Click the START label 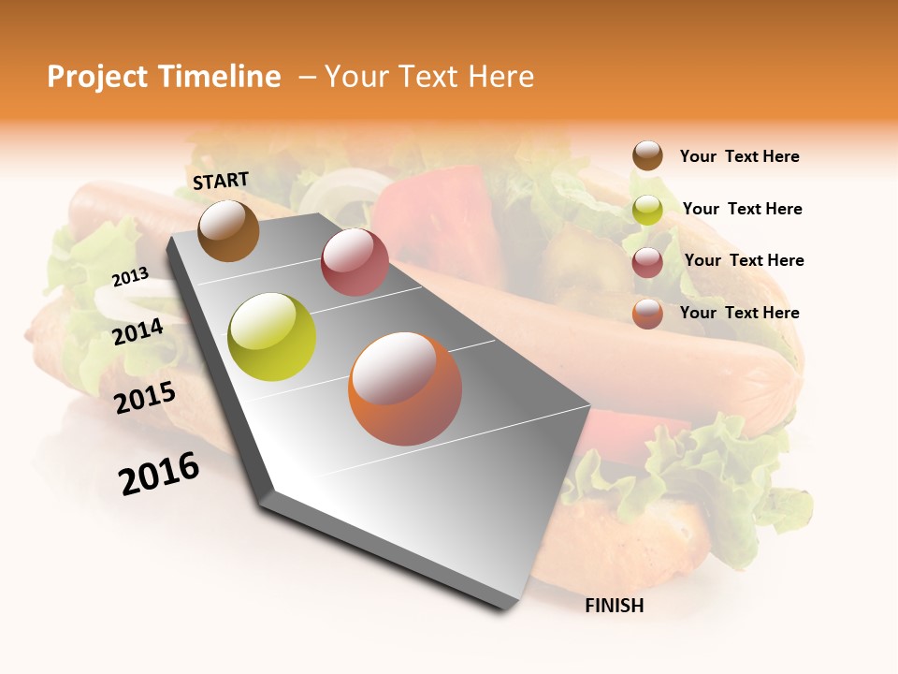[x=221, y=181]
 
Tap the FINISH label [x=615, y=606]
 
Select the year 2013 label [x=131, y=276]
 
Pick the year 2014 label [x=138, y=331]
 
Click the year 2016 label [x=159, y=474]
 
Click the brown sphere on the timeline [x=228, y=230]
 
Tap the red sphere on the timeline [x=355, y=262]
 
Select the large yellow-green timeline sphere [x=272, y=337]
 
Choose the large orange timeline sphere [x=405, y=388]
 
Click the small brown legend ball [x=647, y=155]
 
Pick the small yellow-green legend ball [x=647, y=210]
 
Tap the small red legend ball [x=647, y=262]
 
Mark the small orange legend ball [x=647, y=314]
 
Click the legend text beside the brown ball [x=739, y=156]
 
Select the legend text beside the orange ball [x=739, y=313]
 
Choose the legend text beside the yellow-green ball [x=742, y=209]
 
